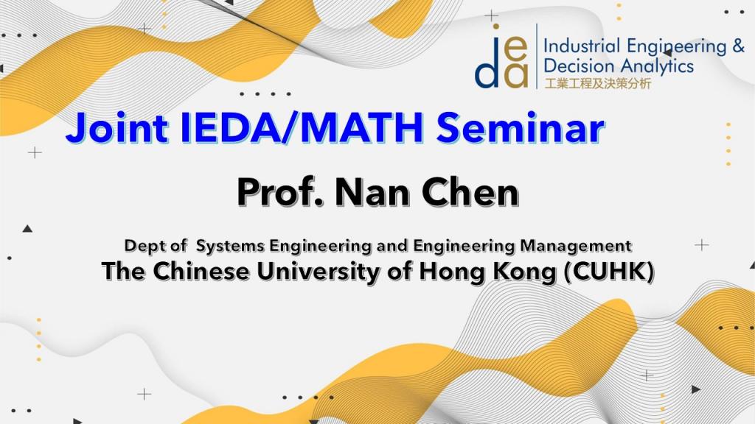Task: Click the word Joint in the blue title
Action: pos(117,128)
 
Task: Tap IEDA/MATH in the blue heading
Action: pos(302,128)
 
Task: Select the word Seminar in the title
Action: pos(521,128)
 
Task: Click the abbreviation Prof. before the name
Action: pos(280,192)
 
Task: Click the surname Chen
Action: pos(470,192)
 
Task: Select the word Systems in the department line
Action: pos(231,246)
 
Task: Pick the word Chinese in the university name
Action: pos(201,271)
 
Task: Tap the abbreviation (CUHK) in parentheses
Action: pos(608,272)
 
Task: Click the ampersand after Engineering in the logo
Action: pos(738,46)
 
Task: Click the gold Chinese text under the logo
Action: pos(597,84)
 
